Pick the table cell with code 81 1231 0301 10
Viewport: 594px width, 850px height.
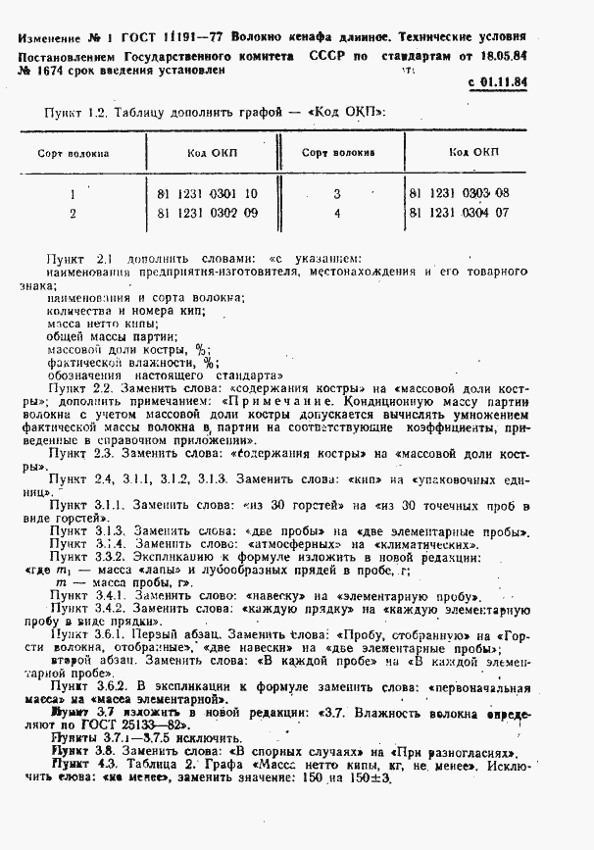[x=207, y=194]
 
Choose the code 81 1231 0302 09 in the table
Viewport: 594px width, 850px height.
[x=207, y=212]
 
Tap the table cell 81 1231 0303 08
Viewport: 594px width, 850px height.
[x=458, y=194]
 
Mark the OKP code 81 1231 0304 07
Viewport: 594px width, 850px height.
[x=458, y=212]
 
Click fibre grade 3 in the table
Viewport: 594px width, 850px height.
[x=336, y=194]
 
